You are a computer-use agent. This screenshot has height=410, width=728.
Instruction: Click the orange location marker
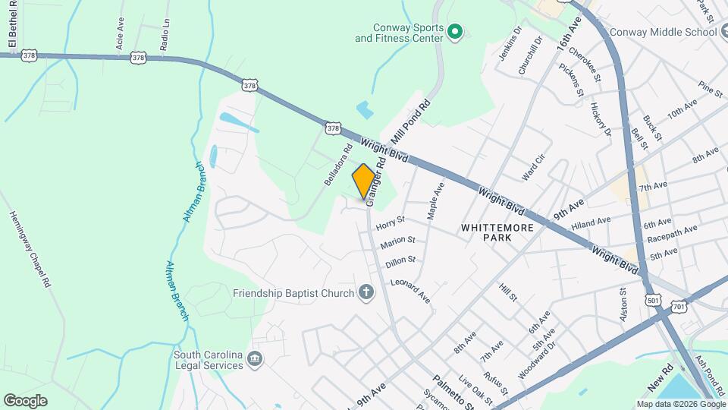pos(363,181)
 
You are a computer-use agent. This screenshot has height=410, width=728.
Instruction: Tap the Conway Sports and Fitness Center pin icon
pos(455,31)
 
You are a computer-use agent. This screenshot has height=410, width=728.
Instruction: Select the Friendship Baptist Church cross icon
pos(366,293)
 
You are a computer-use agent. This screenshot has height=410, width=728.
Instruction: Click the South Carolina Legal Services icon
pos(255,359)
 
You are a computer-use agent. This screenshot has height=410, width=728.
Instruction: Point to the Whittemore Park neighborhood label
pos(497,232)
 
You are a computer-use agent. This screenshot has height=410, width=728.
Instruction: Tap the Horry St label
pos(391,222)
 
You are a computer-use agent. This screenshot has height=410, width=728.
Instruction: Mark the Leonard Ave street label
pos(410,292)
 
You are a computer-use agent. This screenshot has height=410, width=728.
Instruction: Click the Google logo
pos(25,400)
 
